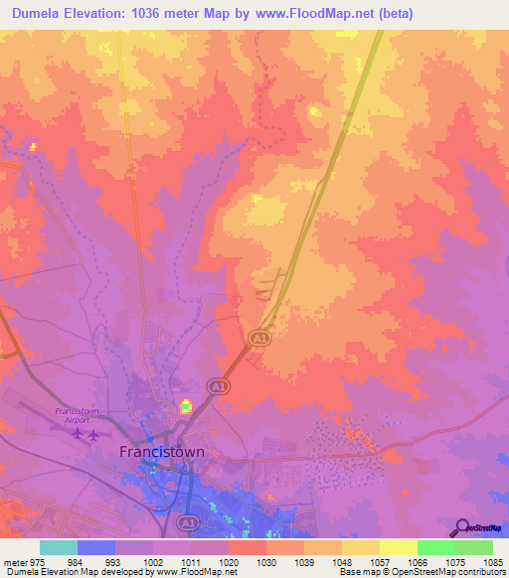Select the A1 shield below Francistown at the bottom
click(187, 520)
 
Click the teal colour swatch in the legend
click(58, 546)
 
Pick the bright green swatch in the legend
click(435, 546)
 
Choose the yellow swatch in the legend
click(398, 546)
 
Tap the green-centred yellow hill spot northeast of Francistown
click(185, 405)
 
